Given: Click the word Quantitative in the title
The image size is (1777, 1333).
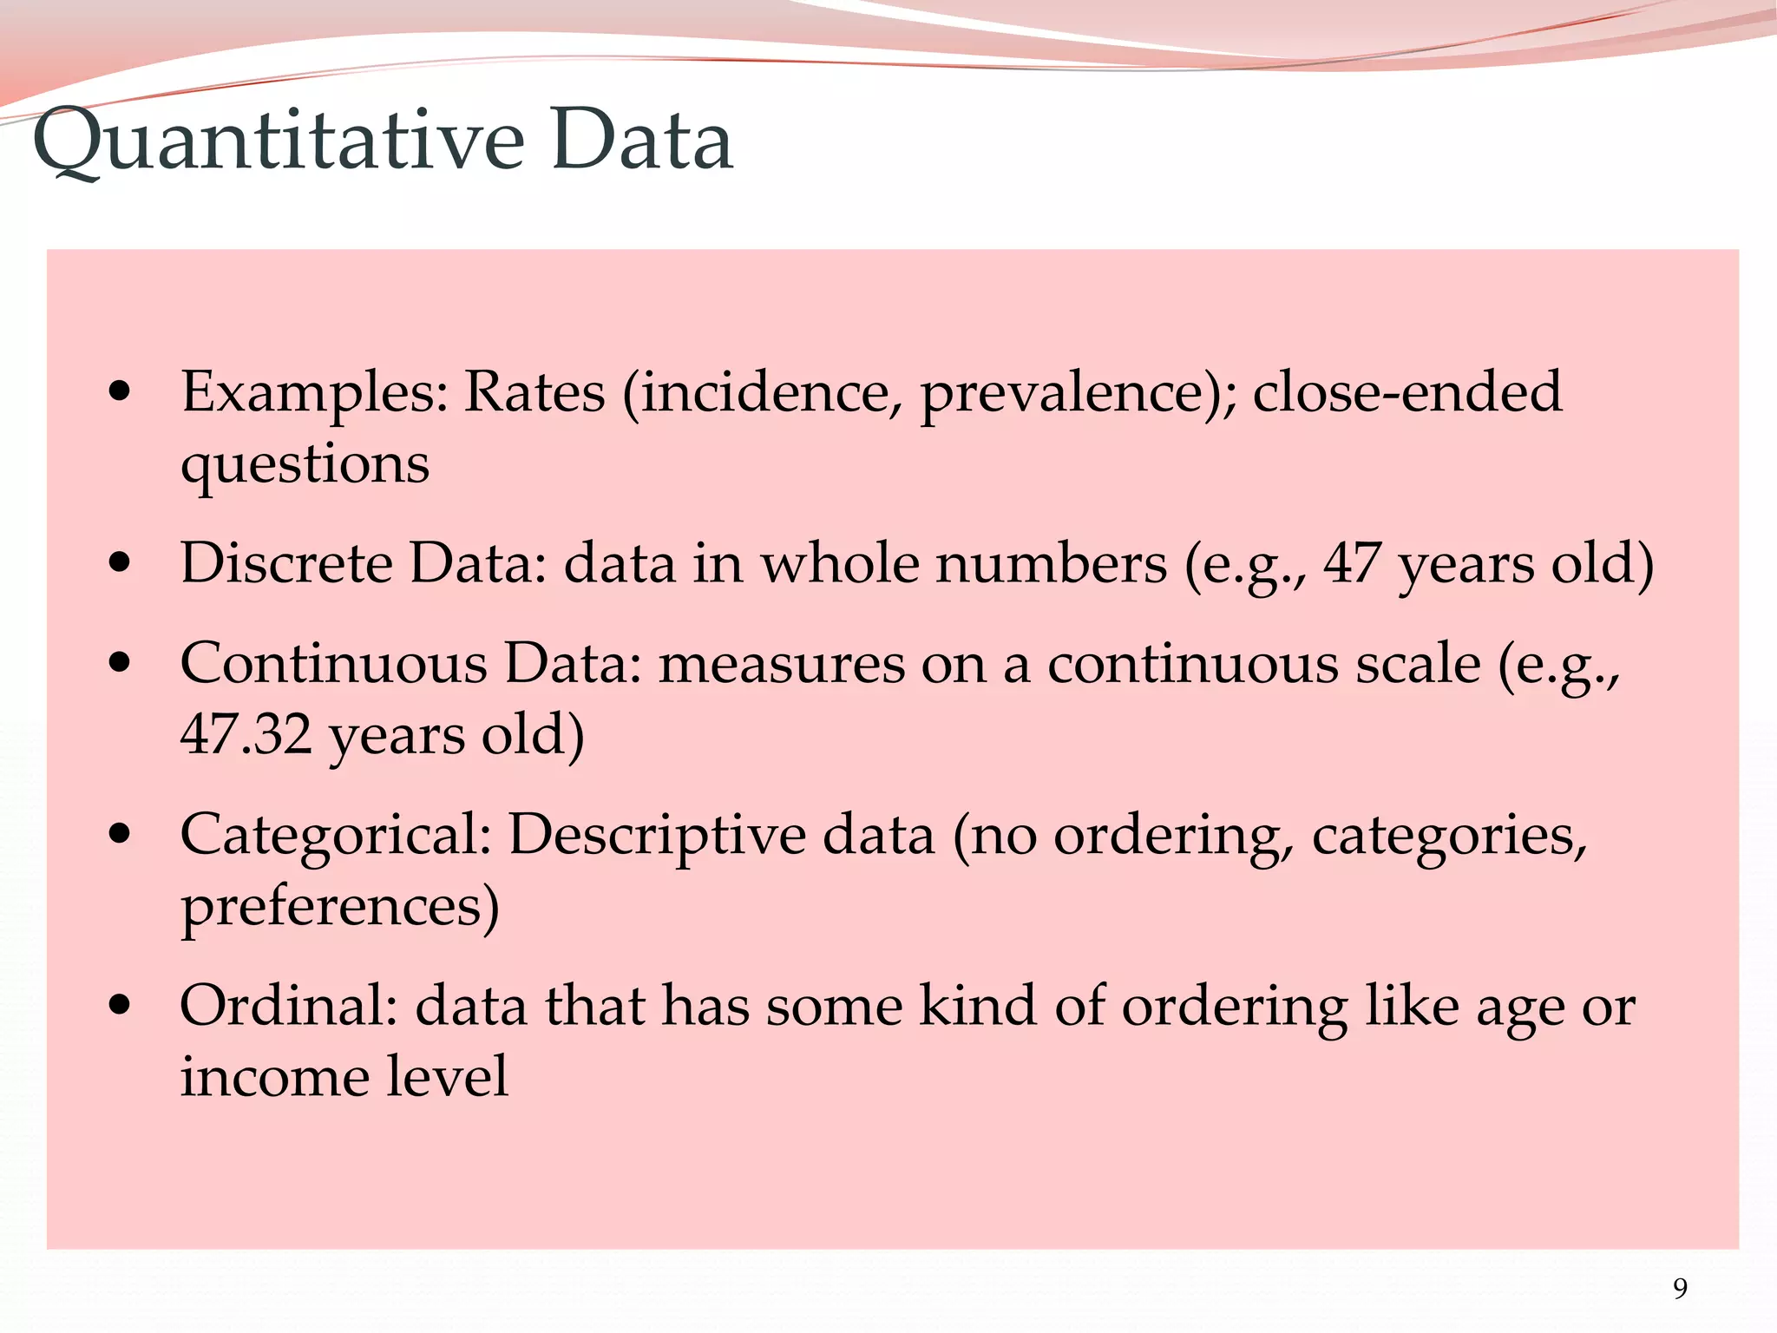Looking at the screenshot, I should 279,141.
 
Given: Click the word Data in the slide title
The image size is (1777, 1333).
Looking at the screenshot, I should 641,141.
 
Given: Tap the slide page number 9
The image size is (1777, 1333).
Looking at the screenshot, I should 1680,1288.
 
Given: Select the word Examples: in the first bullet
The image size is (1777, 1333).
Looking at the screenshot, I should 314,392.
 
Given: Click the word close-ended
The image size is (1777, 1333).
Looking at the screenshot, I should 1407,392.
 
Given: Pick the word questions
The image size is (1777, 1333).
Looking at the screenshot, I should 305,464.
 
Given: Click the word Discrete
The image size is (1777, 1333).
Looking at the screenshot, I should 286,563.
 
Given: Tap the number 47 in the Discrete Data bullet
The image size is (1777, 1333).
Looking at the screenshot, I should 1352,563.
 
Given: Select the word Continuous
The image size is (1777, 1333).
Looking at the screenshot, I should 334,664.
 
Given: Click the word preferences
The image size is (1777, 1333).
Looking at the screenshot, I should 339,907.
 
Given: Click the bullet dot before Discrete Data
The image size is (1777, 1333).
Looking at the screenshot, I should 120,563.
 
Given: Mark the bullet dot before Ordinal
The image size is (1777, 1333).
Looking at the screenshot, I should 120,1006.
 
